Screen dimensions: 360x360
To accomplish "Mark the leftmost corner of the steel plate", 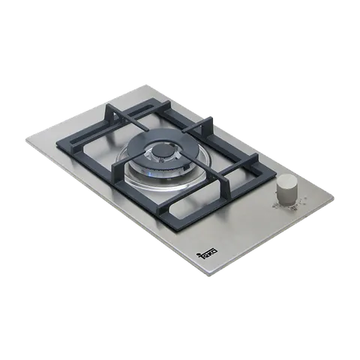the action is tap(26, 140).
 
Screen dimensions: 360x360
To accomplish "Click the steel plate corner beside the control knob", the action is tap(334, 197).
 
